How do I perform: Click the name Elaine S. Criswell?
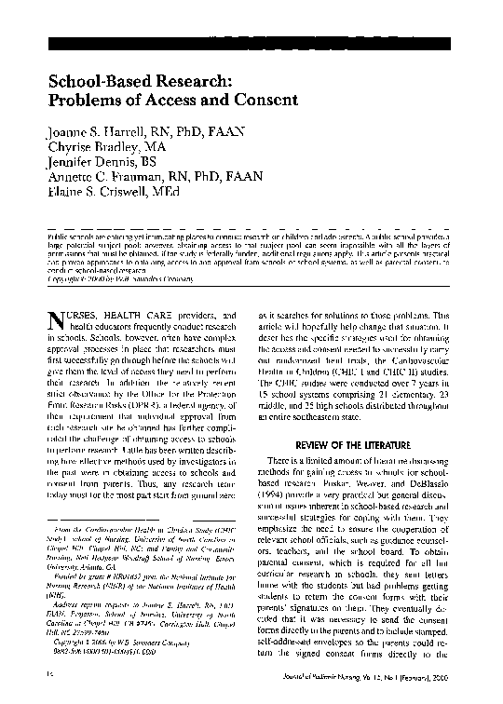point(89,191)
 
